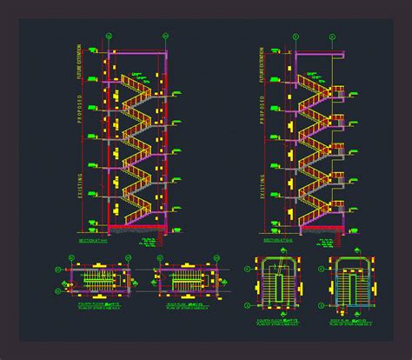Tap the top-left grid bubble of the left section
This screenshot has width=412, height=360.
tap(109, 36)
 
